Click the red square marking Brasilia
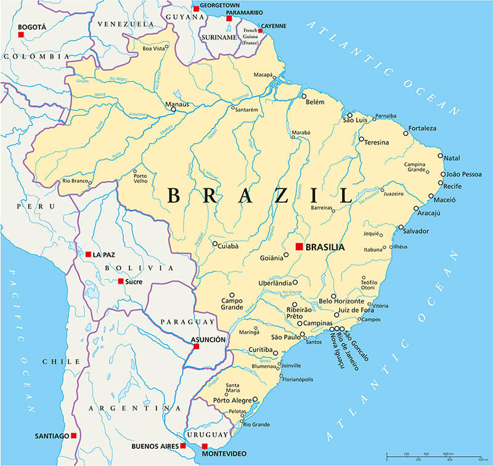tap(299, 247)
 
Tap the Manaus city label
tap(177, 105)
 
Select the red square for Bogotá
tap(21, 35)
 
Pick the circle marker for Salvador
tap(401, 227)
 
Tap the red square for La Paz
tap(88, 254)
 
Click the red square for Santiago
tap(73, 435)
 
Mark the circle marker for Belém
tap(304, 96)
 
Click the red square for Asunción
tap(196, 347)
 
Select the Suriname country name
tap(219, 37)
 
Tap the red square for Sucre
tap(121, 281)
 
